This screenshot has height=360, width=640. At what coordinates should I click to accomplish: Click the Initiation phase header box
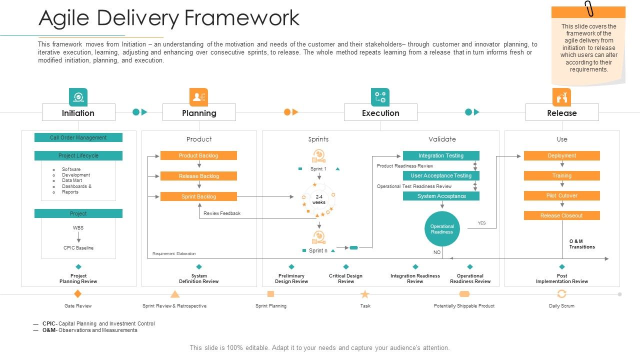pos(78,112)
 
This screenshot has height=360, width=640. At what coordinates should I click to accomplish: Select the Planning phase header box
pos(199,112)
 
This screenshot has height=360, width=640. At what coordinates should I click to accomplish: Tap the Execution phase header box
pos(380,112)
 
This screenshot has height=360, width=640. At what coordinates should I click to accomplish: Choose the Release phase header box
pos(562,112)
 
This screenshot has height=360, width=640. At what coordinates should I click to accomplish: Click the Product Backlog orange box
pos(198,155)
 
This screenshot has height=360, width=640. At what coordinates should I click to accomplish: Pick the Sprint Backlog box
pos(198,196)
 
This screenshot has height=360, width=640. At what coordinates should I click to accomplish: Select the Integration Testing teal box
pos(441,155)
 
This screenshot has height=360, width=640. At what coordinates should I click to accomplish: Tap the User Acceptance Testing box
pos(441,175)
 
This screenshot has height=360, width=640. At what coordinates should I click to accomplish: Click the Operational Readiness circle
pos(442,229)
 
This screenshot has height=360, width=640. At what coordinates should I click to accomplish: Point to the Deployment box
pos(561,155)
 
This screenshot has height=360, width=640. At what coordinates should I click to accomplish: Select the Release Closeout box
pos(561,215)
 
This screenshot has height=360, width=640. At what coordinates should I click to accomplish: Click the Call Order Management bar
pos(78,137)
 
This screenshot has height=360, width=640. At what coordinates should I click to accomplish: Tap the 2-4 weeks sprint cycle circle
pos(319,200)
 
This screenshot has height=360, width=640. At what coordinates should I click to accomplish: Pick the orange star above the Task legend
pos(365,294)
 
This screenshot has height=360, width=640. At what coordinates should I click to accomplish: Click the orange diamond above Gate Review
pos(77,293)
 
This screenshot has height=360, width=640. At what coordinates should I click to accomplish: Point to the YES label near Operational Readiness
pos(481,223)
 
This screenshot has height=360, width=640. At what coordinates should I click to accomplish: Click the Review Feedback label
pos(222,213)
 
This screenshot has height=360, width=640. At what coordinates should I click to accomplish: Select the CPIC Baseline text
pos(78,248)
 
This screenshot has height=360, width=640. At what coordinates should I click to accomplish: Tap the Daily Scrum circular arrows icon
pos(561,294)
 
